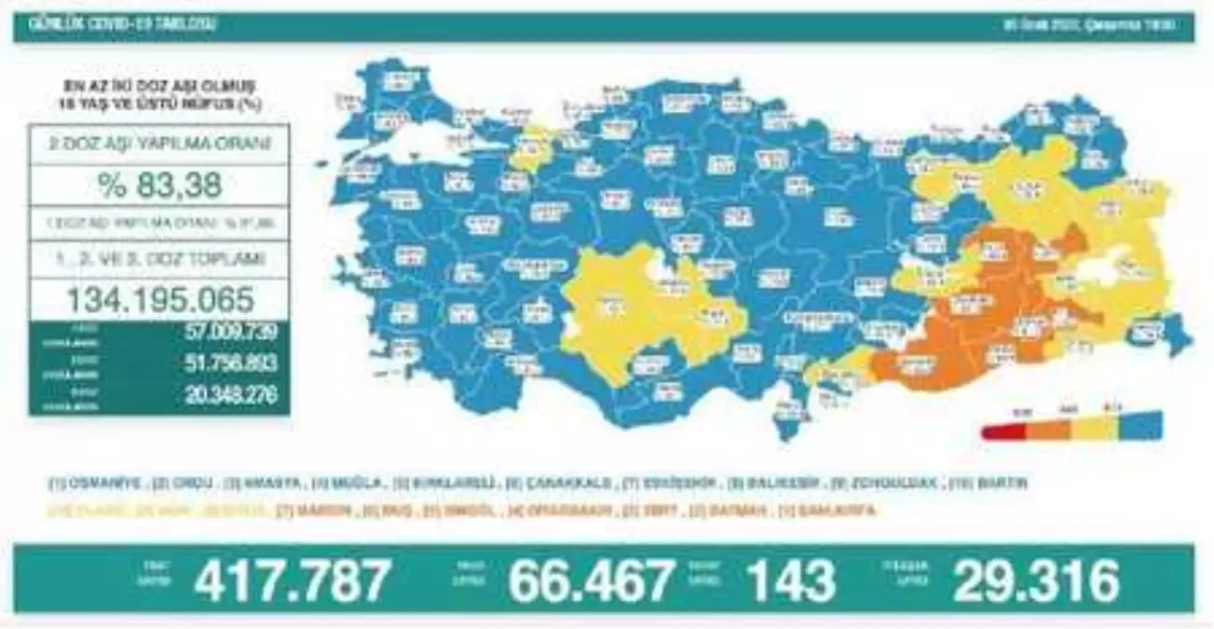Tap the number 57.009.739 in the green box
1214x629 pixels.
[231, 332]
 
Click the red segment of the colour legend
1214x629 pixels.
[1003, 429]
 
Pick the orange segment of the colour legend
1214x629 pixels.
[1049, 429]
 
